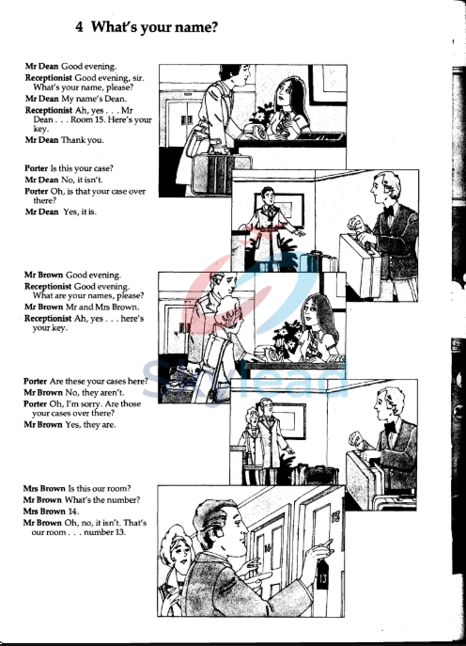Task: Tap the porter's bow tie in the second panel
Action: (x=384, y=212)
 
